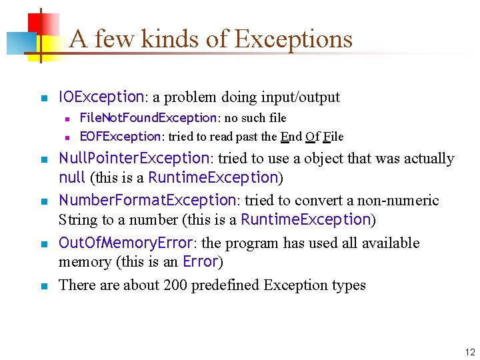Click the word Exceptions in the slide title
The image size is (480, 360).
tap(293, 39)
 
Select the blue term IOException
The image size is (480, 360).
tap(101, 97)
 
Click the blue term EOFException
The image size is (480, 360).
tap(120, 137)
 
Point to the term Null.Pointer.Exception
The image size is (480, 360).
tap(134, 158)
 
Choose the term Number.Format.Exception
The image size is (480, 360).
tap(147, 200)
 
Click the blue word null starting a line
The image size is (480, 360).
tap(72, 177)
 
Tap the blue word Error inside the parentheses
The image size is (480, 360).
tap(200, 261)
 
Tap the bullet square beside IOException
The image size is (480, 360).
tap(43, 99)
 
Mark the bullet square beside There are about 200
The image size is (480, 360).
tap(43, 287)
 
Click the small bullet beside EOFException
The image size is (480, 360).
tap(67, 138)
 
